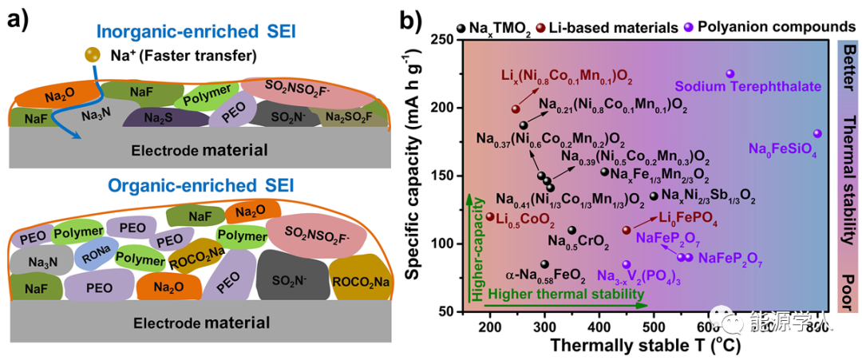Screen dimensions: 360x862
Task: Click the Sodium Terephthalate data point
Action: coord(730,73)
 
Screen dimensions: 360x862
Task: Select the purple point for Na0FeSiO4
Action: coord(817,134)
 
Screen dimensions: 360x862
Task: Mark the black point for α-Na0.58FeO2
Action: coord(544,264)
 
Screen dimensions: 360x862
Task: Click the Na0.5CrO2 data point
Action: coord(571,231)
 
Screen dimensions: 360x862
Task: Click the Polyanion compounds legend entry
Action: coord(769,27)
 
